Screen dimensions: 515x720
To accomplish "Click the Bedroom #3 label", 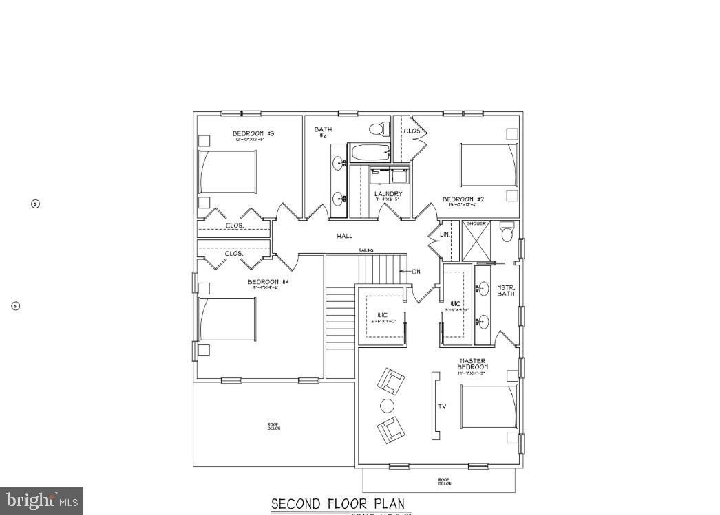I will pyautogui.click(x=253, y=133).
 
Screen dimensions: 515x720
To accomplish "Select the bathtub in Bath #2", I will pyautogui.click(x=370, y=153).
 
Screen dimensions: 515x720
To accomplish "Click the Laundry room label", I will pyautogui.click(x=388, y=194).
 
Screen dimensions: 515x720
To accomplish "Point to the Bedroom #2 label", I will pyautogui.click(x=463, y=199).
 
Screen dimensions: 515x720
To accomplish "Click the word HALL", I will pyautogui.click(x=344, y=236).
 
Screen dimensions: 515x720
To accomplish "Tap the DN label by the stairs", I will pyautogui.click(x=416, y=271).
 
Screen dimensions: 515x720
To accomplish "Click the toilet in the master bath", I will pyautogui.click(x=507, y=232).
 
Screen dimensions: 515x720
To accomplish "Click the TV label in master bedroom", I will pyautogui.click(x=442, y=406).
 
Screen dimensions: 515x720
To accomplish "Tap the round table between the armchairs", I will pyautogui.click(x=388, y=406).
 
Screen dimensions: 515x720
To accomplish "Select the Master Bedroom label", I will pyautogui.click(x=472, y=364).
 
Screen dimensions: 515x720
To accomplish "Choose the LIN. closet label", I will pyautogui.click(x=445, y=234).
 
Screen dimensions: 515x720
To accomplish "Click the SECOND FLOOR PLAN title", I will pyautogui.click(x=338, y=504).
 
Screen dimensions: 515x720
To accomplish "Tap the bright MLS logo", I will pyautogui.click(x=41, y=501).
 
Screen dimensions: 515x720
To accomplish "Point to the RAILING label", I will pyautogui.click(x=366, y=250).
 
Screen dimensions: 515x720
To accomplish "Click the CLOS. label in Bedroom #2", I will pyautogui.click(x=412, y=131).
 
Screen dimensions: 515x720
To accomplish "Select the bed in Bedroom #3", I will pyautogui.click(x=228, y=171).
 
